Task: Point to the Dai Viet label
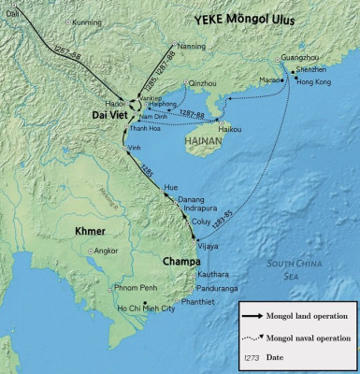pos(111,114)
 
